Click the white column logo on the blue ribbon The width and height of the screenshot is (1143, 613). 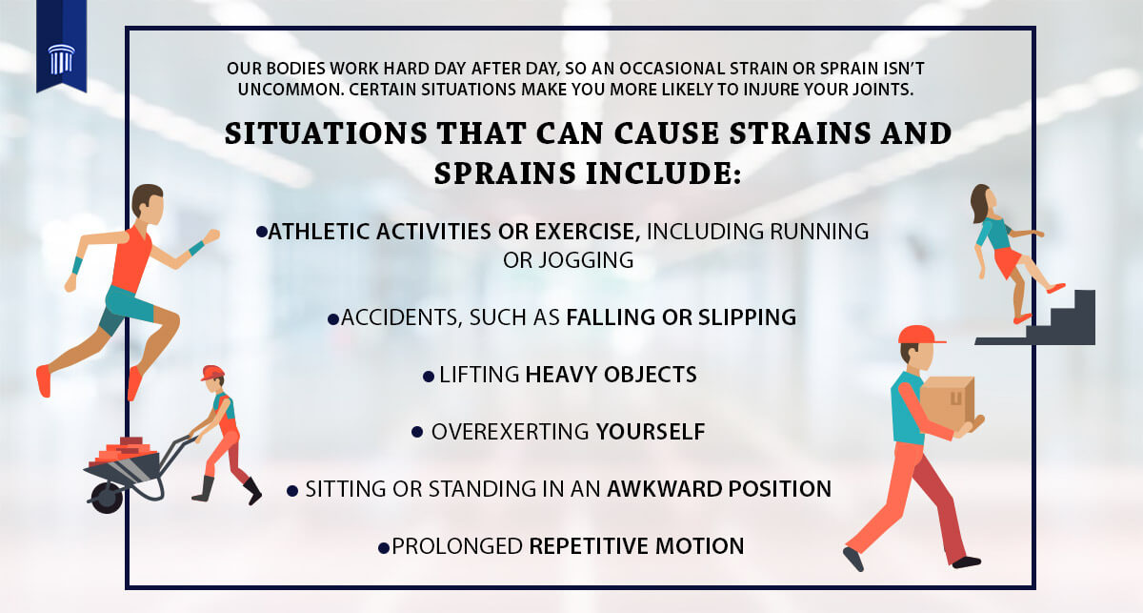[x=61, y=59]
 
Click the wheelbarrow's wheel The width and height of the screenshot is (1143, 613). [x=107, y=498]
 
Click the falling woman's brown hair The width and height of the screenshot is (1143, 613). [x=980, y=203]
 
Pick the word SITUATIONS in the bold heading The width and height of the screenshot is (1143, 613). [x=326, y=133]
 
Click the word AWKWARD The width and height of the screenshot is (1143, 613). [x=664, y=489]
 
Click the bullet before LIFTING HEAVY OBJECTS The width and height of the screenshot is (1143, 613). [x=429, y=377]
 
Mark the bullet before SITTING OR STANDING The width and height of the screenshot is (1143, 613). [x=292, y=491]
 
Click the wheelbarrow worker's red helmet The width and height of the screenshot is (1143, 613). [x=211, y=373]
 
